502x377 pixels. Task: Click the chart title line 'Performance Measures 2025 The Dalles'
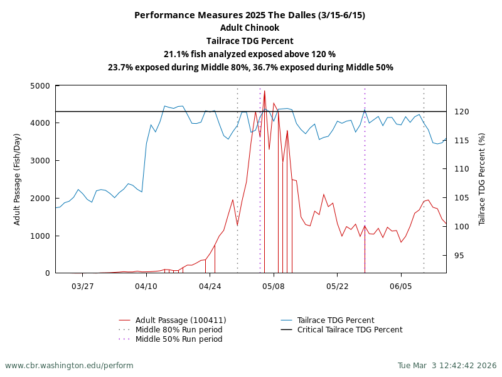pyautogui.click(x=250, y=15)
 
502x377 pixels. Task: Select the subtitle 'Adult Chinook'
pyautogui.click(x=250, y=28)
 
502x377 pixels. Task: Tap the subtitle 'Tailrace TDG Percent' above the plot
pyautogui.click(x=250, y=41)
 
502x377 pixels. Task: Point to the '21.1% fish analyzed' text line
pyautogui.click(x=250, y=54)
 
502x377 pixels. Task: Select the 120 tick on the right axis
pyautogui.click(x=462, y=112)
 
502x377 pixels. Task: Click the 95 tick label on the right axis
pyautogui.click(x=459, y=255)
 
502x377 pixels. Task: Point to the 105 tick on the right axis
pyautogui.click(x=462, y=198)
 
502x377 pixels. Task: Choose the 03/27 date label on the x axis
pyautogui.click(x=83, y=286)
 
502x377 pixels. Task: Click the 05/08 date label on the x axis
pyautogui.click(x=274, y=286)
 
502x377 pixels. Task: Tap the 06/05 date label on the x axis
pyautogui.click(x=401, y=286)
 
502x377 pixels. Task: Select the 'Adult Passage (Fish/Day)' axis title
pyautogui.click(x=18, y=179)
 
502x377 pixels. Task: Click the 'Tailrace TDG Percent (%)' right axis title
pyautogui.click(x=482, y=179)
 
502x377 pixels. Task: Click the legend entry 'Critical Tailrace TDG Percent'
pyautogui.click(x=350, y=330)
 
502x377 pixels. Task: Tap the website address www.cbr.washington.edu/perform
pyautogui.click(x=69, y=366)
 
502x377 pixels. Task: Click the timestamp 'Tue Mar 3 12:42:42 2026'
pyautogui.click(x=447, y=366)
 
